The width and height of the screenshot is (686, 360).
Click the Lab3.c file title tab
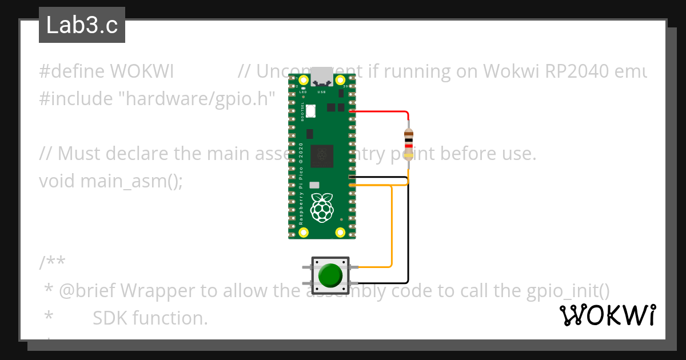pos(82,26)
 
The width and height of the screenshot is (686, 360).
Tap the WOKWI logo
pos(607,315)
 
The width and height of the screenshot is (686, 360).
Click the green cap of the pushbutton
pos(330,275)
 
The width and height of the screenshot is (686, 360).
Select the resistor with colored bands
pos(408,141)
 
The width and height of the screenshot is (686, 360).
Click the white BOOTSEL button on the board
pos(311,111)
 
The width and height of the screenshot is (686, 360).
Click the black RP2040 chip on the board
pos(321,156)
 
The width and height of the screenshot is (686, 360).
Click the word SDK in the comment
pos(110,318)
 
